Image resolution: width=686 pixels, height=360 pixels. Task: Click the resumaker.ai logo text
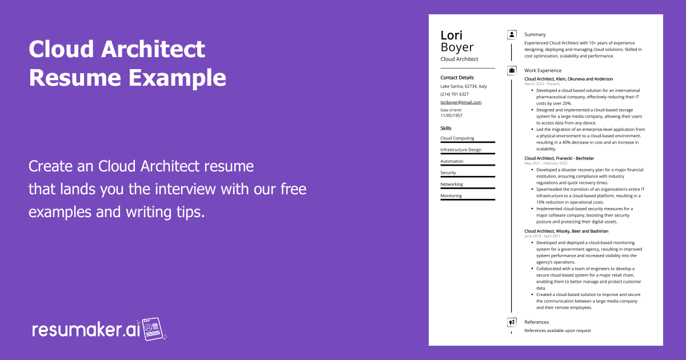pos(86,330)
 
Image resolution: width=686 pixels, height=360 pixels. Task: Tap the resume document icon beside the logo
pos(153,329)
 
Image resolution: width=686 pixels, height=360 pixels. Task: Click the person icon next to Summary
pos(512,35)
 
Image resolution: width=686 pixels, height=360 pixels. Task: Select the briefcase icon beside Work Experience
pos(512,71)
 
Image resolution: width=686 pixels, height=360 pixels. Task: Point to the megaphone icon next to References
pos(512,322)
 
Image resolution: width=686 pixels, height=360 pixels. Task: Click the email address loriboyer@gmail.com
pos(461,102)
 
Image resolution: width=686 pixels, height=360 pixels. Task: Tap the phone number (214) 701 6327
pos(454,94)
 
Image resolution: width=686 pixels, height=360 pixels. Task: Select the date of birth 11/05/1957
pos(452,115)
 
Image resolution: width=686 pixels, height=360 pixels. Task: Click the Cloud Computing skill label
pos(457,138)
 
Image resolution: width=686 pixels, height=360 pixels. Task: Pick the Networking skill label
pos(452,184)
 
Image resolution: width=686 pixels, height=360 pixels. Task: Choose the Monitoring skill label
pos(451,196)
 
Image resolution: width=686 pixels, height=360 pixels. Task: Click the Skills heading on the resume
pos(446,128)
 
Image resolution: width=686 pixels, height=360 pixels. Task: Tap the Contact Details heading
pos(457,78)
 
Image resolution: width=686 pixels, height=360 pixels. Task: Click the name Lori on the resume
pos(452,35)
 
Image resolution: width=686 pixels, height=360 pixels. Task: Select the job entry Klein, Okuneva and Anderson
pos(569,79)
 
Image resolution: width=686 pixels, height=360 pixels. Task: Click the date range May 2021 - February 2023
pos(546,163)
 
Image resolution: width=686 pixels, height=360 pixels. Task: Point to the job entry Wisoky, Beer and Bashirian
pos(567,231)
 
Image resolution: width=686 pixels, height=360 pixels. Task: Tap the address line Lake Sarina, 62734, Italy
pos(464,86)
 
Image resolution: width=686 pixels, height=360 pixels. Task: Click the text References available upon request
pos(558,331)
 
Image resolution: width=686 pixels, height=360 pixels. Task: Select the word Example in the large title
pos(177,78)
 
